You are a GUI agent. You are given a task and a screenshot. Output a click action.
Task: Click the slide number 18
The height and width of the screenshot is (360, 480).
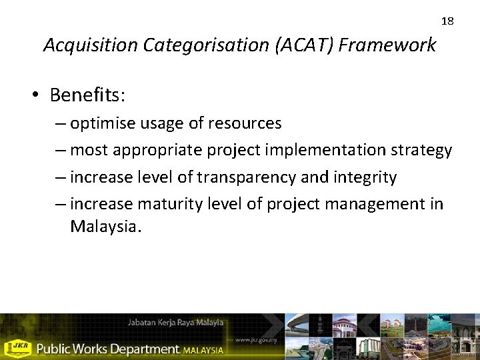coord(447,21)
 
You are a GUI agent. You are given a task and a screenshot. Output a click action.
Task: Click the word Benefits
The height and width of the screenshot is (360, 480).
coord(87,95)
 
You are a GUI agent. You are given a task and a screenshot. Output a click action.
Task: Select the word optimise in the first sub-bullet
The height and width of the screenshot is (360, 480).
coord(101,123)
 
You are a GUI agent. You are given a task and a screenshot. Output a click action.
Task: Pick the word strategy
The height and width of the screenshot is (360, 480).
coord(422,150)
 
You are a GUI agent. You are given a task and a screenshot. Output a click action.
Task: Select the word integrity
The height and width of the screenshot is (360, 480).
coord(366,177)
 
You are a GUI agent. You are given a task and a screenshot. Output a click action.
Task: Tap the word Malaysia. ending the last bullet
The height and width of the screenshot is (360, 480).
coord(106,227)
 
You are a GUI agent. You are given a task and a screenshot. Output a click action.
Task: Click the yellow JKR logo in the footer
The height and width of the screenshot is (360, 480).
coord(17,347)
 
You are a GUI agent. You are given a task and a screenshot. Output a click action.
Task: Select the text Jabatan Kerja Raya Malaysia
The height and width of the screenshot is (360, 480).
coord(175,323)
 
